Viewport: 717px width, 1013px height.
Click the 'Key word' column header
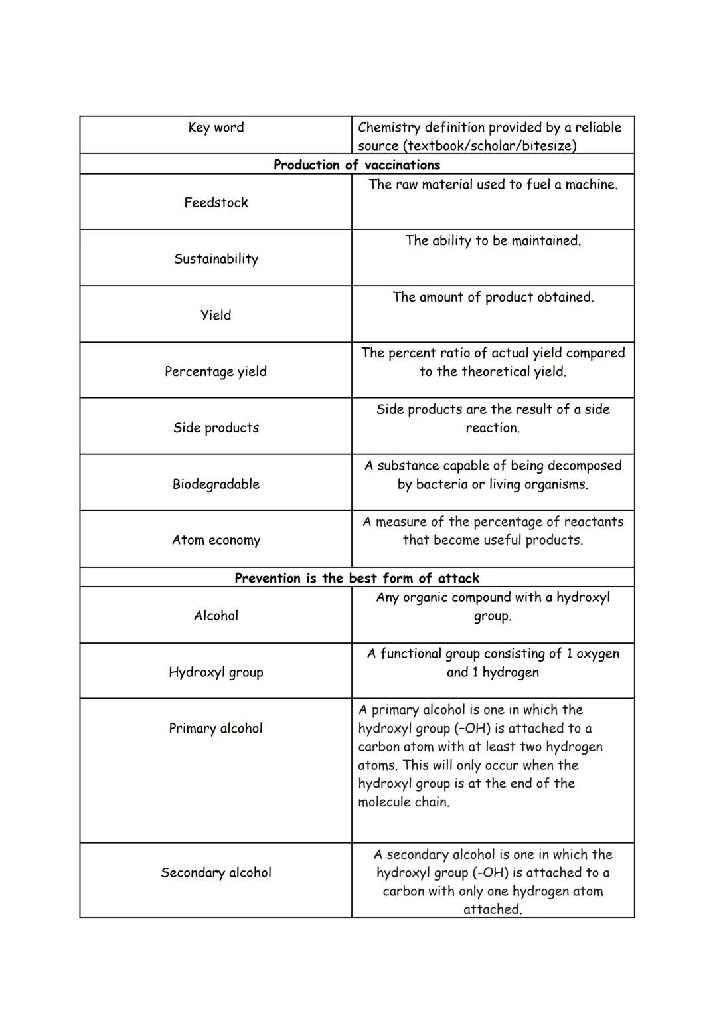216,128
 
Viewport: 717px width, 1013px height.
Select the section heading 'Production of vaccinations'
357,165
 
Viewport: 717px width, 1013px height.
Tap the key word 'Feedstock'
216,203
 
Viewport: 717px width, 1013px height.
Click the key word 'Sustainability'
216,259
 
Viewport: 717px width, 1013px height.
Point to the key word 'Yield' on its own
216,315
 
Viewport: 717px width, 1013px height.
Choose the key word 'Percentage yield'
216,371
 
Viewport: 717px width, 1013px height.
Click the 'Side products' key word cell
216,428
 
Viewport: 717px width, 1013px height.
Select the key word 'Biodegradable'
216,484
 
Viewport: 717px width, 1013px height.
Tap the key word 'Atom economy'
216,540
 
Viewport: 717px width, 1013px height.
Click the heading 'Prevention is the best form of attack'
357,578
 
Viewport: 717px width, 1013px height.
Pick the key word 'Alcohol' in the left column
216,616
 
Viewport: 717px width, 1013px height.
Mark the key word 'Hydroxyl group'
216,672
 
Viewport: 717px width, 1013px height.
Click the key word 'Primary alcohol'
216,729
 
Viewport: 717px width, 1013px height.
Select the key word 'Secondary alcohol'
216,873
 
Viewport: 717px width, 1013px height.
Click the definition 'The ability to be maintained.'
493,241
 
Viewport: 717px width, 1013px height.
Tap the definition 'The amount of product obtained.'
493,297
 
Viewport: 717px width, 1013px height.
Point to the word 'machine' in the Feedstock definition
590,185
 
